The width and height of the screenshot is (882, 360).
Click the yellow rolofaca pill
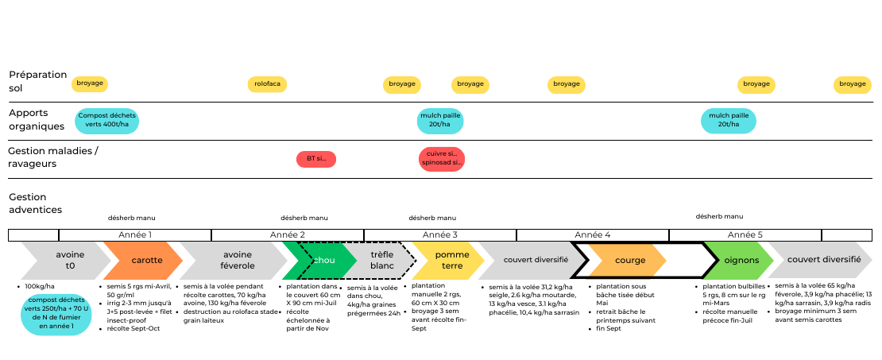coord(267,84)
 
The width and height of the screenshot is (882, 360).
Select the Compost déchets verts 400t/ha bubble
coord(107,121)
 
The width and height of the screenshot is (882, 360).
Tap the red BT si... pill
coord(316,159)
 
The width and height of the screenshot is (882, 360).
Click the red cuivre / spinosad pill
coord(442,159)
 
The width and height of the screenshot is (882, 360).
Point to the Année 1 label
coord(135,235)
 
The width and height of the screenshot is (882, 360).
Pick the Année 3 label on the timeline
coord(439,235)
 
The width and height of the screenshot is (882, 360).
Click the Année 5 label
coord(745,235)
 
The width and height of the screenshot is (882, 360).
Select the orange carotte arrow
coord(146,261)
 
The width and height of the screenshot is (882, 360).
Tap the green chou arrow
coord(322,261)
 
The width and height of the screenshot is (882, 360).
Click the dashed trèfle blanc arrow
coord(383,261)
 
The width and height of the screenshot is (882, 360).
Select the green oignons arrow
coord(741,261)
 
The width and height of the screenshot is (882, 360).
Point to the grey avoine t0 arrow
coord(69,261)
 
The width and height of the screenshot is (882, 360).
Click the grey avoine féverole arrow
coord(238,261)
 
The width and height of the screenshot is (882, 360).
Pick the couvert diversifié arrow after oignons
coord(822,261)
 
